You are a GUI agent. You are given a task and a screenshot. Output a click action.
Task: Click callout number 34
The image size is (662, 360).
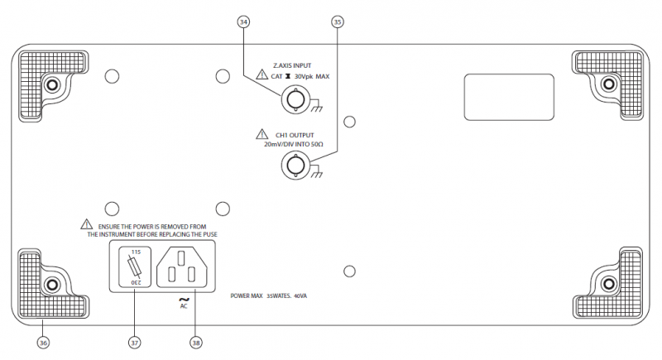(x=243, y=22)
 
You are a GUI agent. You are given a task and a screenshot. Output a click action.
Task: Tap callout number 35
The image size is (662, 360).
(x=337, y=22)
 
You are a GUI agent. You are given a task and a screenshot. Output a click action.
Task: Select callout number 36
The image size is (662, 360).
(x=43, y=340)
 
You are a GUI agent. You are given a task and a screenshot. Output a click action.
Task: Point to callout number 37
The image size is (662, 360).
(x=134, y=340)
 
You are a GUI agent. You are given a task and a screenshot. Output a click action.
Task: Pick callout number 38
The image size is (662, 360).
(x=196, y=340)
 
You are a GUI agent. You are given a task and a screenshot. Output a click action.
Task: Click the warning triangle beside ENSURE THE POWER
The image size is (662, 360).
(x=87, y=224)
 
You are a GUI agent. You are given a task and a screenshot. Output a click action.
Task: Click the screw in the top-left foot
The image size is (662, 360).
(x=52, y=84)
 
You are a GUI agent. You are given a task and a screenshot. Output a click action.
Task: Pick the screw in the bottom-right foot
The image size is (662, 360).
(x=609, y=284)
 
